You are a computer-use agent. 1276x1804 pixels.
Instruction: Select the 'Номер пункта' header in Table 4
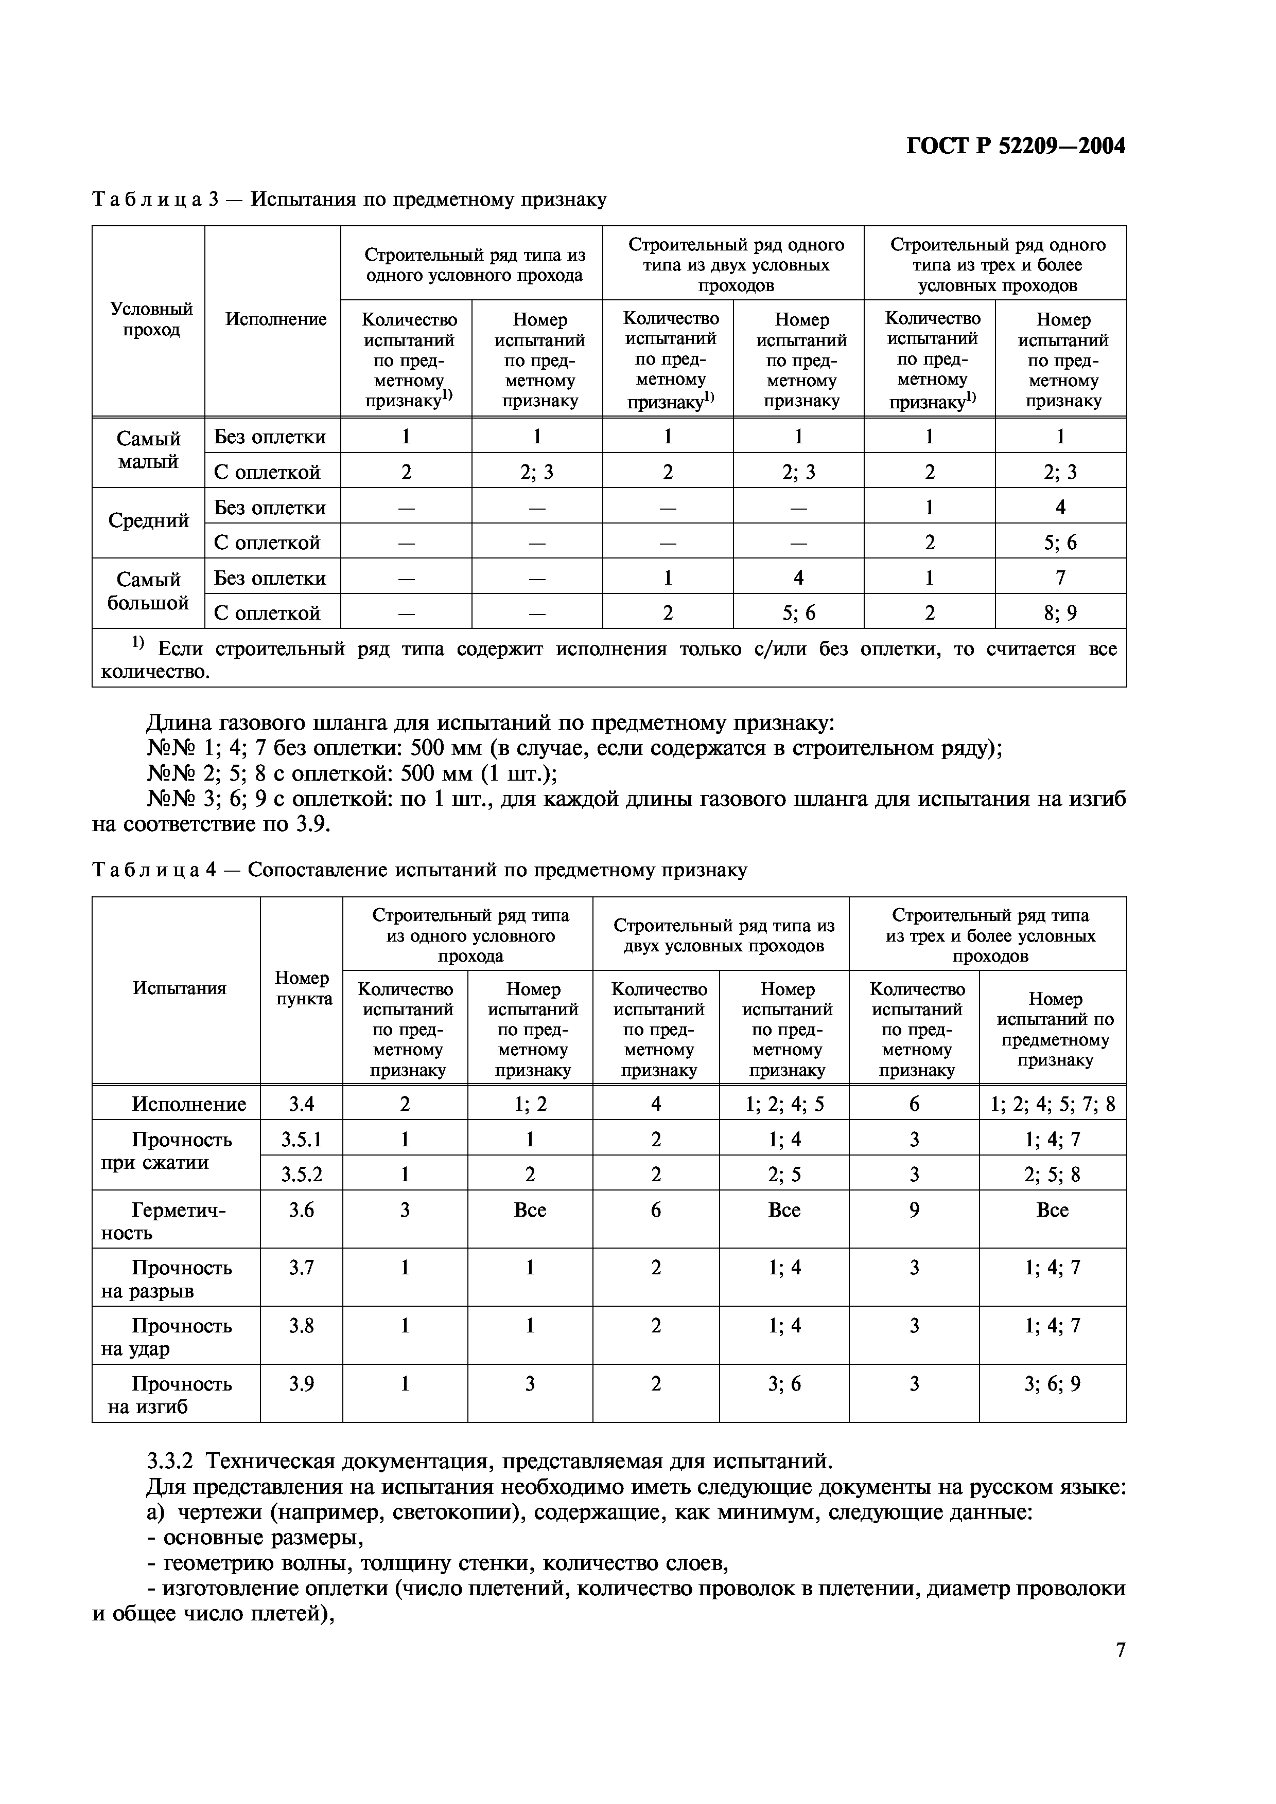click(302, 988)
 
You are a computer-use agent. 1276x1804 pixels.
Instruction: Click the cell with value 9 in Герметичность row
click(914, 1210)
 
